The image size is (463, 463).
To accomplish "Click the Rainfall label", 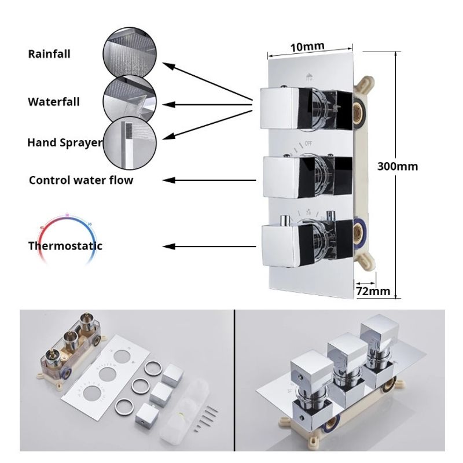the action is (49, 54).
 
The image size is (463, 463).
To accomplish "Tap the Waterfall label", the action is (54, 102).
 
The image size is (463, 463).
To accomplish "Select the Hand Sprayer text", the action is (65, 142).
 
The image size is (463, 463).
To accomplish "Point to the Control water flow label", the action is (81, 180).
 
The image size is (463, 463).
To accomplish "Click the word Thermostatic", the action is (65, 245).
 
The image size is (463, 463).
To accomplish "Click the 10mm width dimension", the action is (307, 47).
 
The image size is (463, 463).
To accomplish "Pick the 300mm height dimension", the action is (398, 167).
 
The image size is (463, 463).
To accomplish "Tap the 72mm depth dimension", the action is (373, 291).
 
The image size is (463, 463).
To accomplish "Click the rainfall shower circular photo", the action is (130, 53).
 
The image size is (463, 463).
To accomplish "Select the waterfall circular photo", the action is (130, 100).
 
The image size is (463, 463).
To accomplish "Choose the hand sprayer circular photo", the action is (130, 144).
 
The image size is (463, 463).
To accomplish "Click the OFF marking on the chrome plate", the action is (308, 144).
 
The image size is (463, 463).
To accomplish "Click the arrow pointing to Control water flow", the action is (210, 180).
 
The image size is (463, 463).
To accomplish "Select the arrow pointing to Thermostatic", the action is (210, 247).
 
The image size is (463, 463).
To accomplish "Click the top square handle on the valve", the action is (280, 109).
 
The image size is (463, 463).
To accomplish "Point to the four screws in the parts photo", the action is (206, 418).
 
